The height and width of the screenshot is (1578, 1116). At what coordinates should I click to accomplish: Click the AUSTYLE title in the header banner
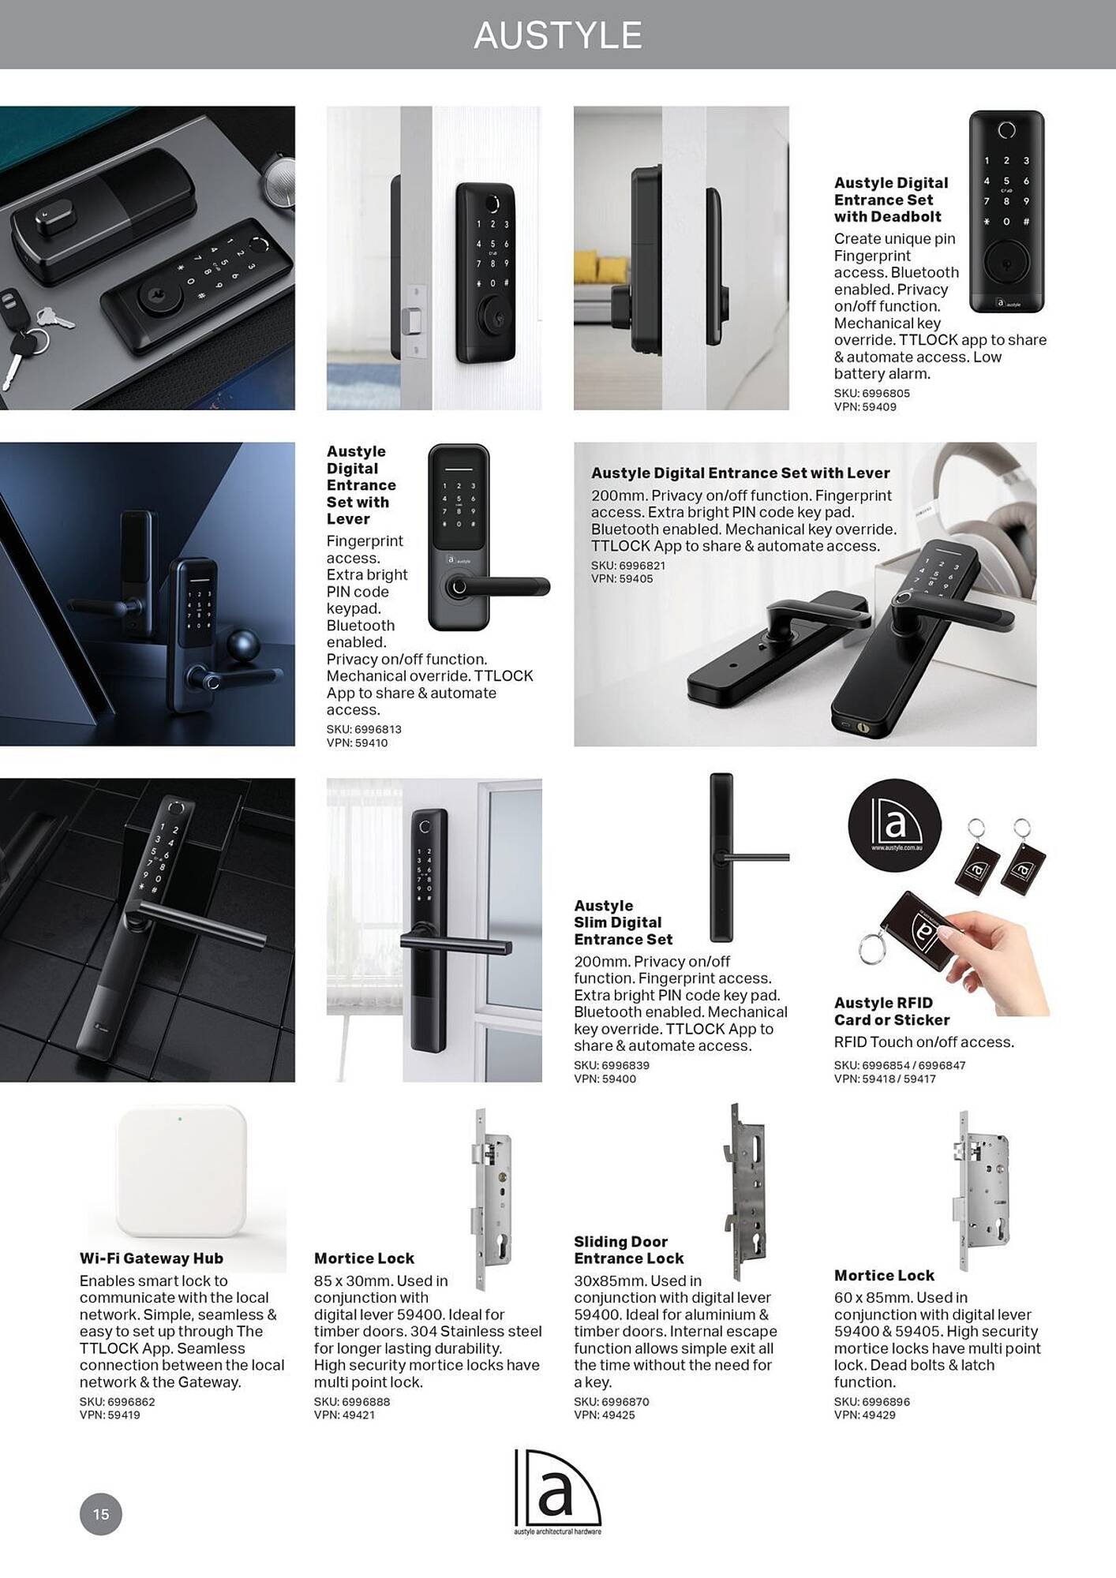558,36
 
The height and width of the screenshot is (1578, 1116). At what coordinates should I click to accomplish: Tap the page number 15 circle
100,1514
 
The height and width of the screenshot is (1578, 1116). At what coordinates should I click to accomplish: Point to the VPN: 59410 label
357,742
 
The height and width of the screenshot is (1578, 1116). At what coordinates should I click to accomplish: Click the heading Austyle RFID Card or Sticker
891,1011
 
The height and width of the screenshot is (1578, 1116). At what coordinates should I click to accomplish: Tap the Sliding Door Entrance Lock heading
628,1250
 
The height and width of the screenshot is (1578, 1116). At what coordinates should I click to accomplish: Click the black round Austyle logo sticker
894,825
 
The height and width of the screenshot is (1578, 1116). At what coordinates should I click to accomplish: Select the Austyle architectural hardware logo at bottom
557,1491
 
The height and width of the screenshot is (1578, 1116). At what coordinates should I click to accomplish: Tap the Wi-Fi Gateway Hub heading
151,1258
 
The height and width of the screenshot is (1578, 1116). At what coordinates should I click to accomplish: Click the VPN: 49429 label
864,1415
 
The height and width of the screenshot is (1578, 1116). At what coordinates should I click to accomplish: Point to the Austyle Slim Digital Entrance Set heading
623,922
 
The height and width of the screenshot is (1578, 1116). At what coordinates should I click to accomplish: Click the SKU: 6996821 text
627,565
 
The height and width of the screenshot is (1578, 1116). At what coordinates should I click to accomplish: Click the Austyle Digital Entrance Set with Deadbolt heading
890,200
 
